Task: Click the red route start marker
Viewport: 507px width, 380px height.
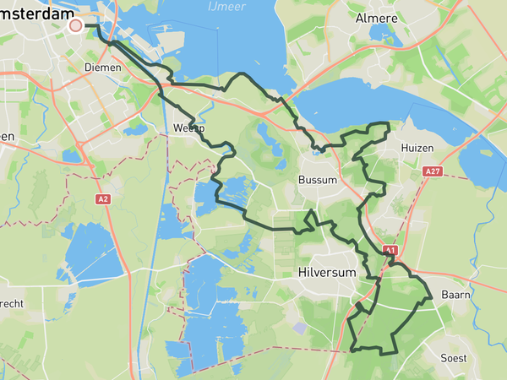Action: tap(75, 25)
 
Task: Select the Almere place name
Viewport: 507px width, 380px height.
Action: tap(376, 19)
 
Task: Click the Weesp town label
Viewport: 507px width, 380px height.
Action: tap(188, 128)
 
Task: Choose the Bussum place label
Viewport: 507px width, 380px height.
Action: tap(318, 180)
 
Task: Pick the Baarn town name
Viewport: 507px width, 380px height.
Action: tap(457, 295)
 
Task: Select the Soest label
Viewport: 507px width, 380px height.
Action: tap(454, 357)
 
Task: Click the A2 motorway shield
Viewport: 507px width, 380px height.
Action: tap(103, 199)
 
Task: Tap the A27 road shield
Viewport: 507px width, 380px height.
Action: tap(433, 171)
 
